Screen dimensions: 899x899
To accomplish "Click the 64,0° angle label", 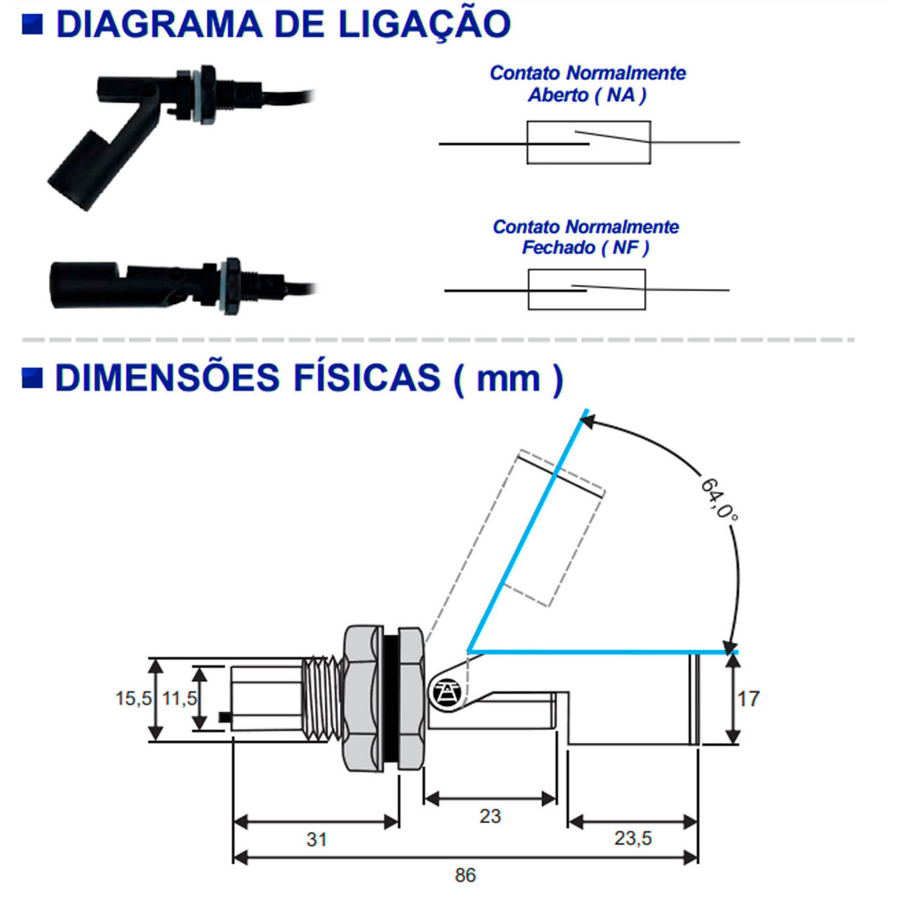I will (x=719, y=499).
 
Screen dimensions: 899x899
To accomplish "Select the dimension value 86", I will (x=465, y=875).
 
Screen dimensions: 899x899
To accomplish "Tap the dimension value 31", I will (x=316, y=839).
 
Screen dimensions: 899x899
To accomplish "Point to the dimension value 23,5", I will (x=633, y=839).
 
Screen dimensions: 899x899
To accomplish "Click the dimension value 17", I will (x=748, y=699).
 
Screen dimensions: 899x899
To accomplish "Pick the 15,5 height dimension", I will (x=133, y=699).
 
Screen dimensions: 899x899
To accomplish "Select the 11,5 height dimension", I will (x=179, y=699).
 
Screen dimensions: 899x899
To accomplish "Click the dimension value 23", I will (x=490, y=816).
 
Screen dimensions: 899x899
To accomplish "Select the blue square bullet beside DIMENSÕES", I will (x=33, y=378).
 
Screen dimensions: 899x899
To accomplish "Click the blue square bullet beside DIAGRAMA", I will (x=33, y=24).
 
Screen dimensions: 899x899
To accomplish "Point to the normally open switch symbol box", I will (x=588, y=143).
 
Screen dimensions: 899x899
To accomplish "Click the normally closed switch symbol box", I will (x=586, y=289).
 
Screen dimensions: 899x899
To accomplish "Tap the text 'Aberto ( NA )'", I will (x=587, y=96).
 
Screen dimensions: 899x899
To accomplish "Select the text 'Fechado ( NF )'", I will (x=585, y=248).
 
